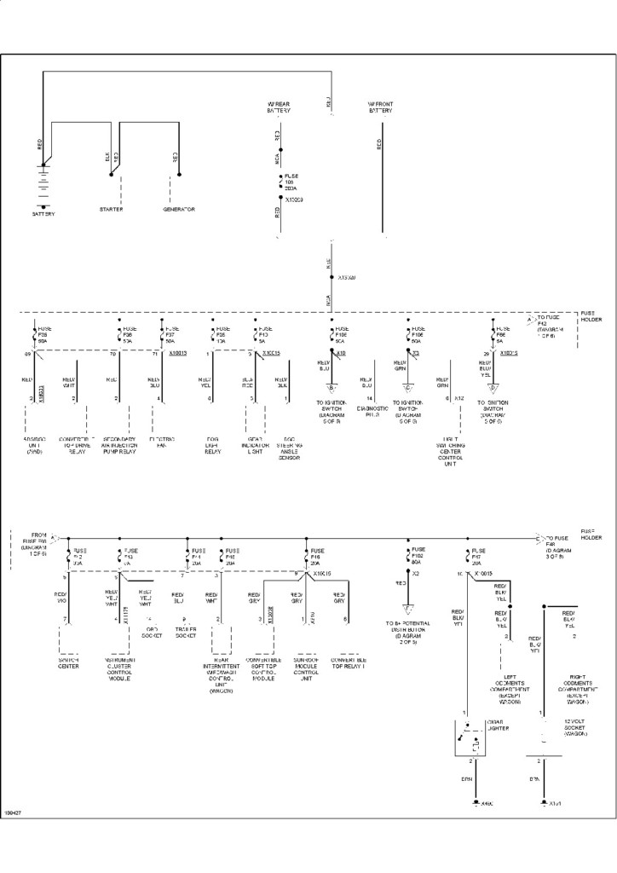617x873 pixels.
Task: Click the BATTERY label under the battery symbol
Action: pyautogui.click(x=43, y=214)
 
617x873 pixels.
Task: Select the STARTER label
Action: pyautogui.click(x=112, y=209)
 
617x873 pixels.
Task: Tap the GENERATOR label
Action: pyautogui.click(x=179, y=209)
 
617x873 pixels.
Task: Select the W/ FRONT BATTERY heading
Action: pyautogui.click(x=381, y=107)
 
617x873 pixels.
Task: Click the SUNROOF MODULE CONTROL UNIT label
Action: pyautogui.click(x=305, y=671)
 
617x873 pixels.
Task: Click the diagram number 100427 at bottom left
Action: pyautogui.click(x=14, y=812)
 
